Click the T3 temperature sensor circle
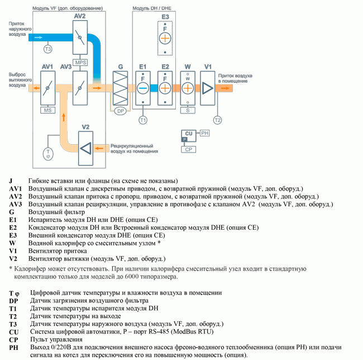(x=47, y=49)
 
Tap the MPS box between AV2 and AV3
(x=80, y=63)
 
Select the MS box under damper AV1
(x=47, y=110)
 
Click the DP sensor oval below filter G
(x=121, y=111)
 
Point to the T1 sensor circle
(x=143, y=120)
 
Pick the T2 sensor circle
(x=217, y=120)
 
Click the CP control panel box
(x=188, y=149)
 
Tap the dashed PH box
(x=204, y=133)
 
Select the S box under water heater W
(x=188, y=110)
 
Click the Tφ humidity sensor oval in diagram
(x=48, y=154)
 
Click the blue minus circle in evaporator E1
(x=143, y=88)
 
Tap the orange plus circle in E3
(x=165, y=38)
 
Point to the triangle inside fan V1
(x=207, y=88)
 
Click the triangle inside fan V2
(x=86, y=148)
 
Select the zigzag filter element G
(x=120, y=88)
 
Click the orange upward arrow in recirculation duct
(x=64, y=117)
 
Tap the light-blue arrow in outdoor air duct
(x=39, y=37)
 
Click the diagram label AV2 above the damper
(x=80, y=16)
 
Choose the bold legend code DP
(x=13, y=301)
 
